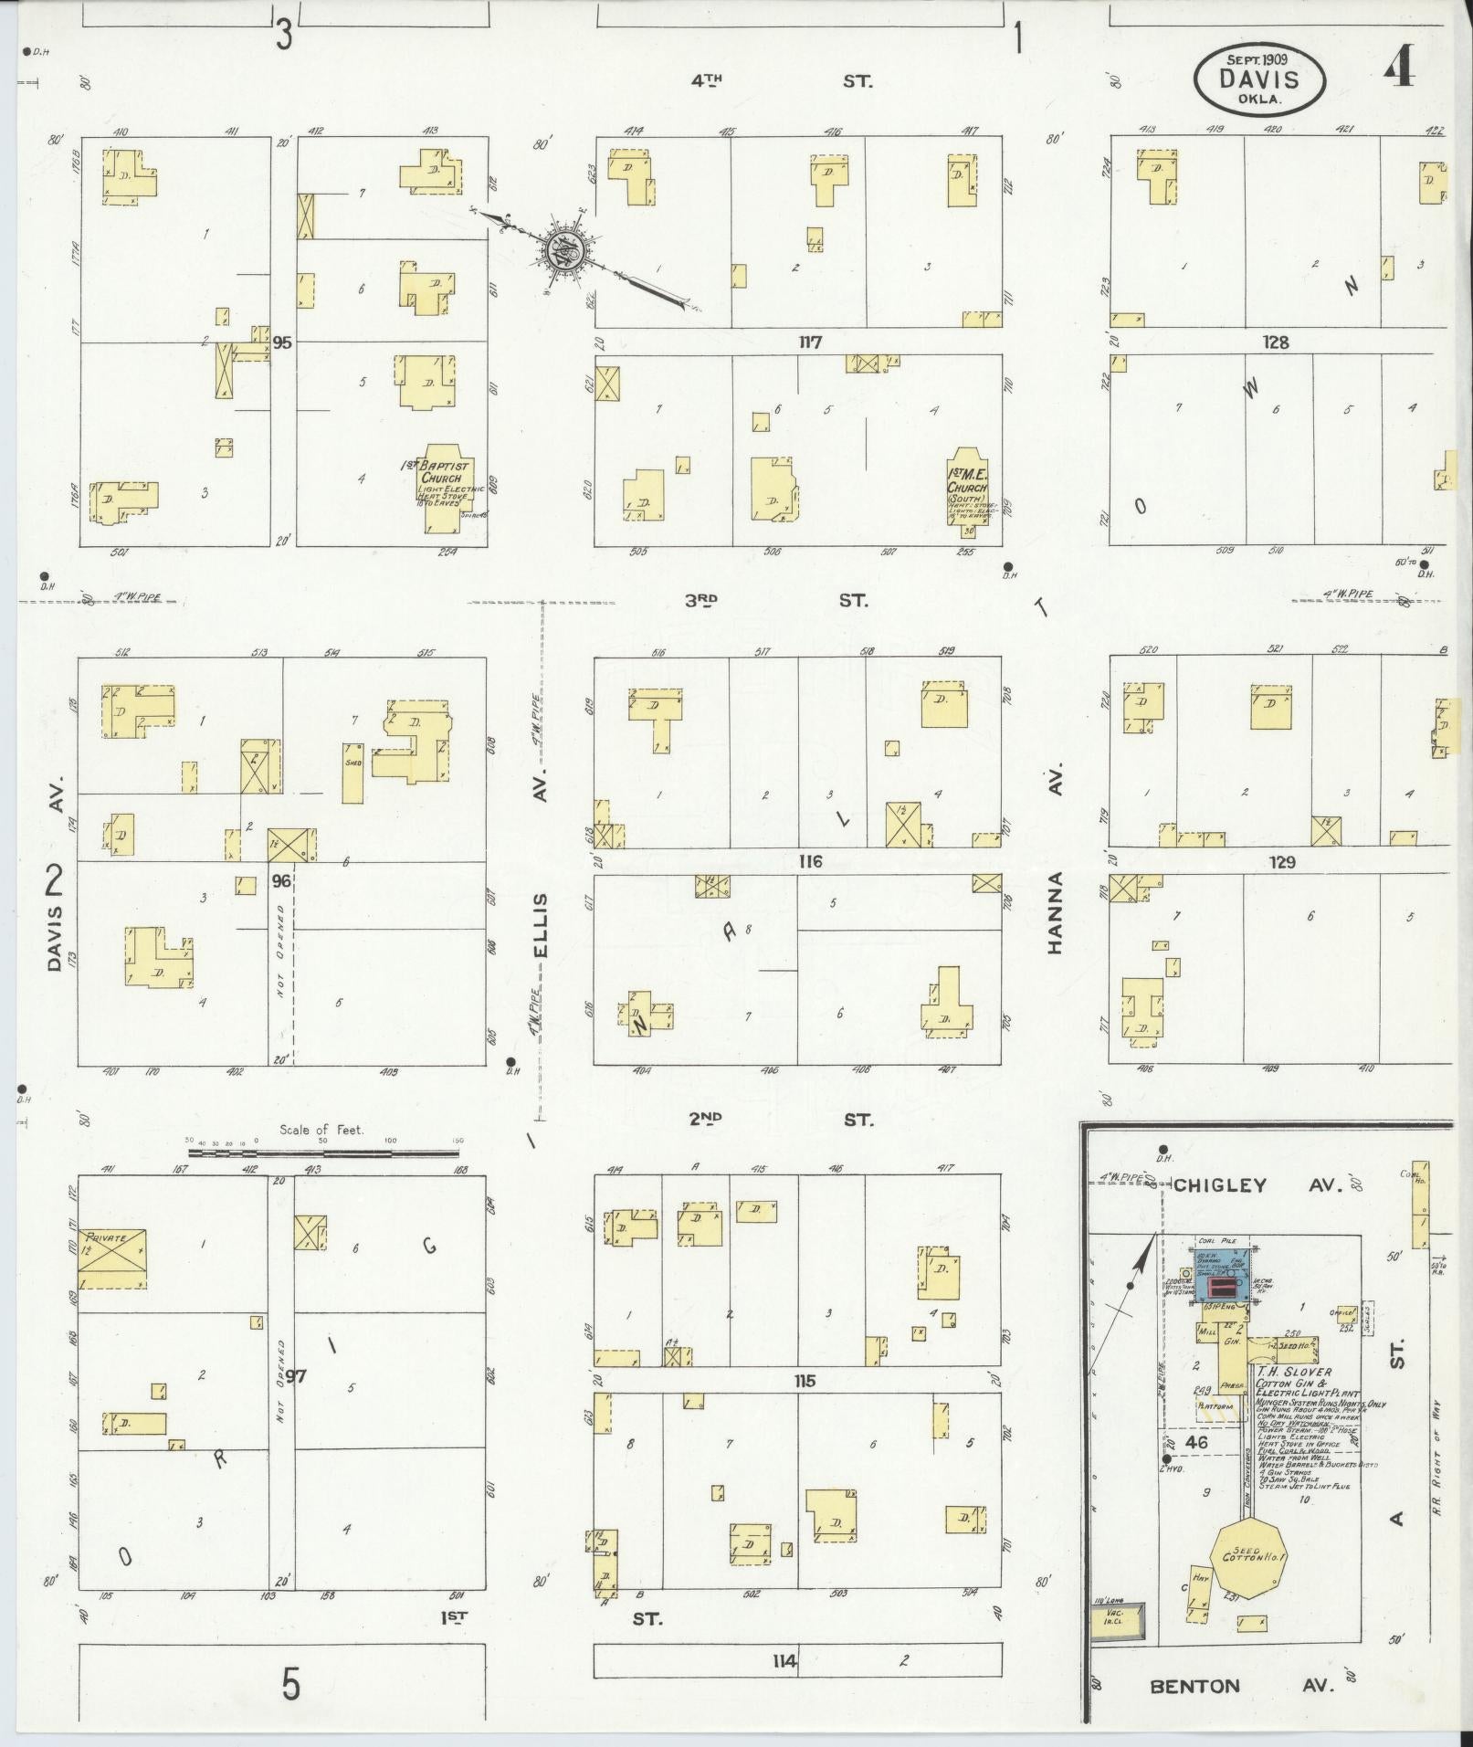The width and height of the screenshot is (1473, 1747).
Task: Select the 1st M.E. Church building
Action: pyautogui.click(x=966, y=487)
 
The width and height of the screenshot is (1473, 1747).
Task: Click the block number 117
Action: pyautogui.click(x=810, y=342)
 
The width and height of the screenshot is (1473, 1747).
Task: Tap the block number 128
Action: pyautogui.click(x=1276, y=342)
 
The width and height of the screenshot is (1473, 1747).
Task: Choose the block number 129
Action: pyautogui.click(x=1283, y=861)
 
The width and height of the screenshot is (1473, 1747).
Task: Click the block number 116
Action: pyautogui.click(x=810, y=861)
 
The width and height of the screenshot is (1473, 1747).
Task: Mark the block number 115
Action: pyautogui.click(x=805, y=1381)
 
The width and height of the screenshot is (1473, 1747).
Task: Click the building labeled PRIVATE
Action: pyautogui.click(x=113, y=1258)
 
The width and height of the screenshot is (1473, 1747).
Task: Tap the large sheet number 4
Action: pyautogui.click(x=1400, y=67)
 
